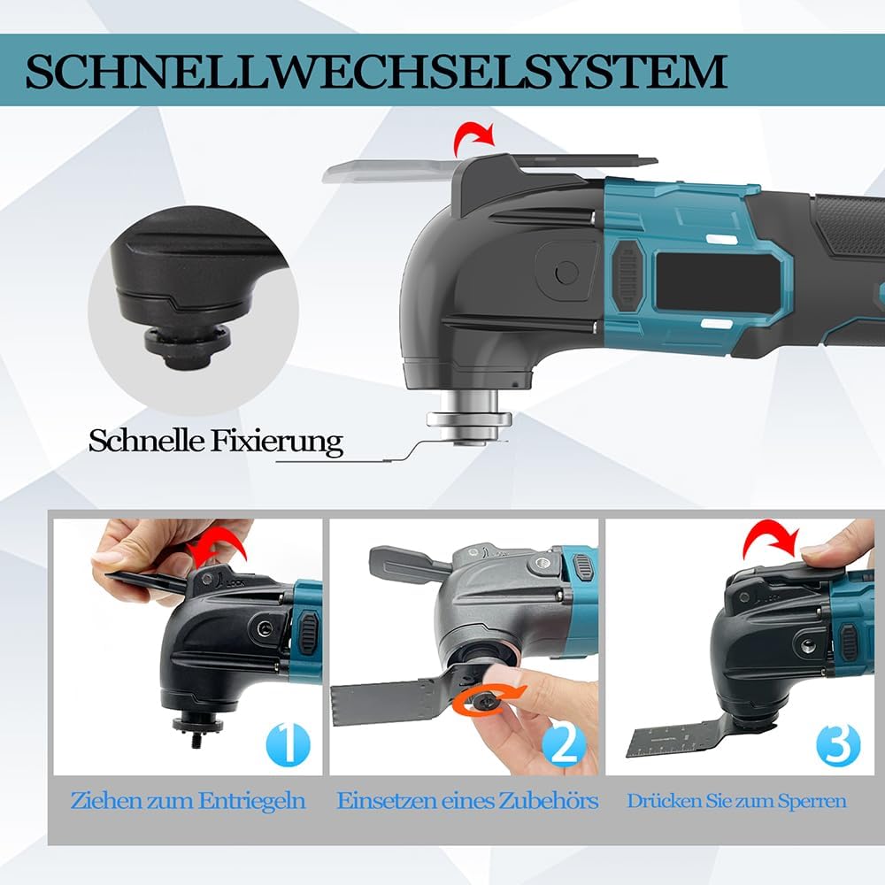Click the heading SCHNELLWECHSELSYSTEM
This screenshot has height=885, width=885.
pos(376,72)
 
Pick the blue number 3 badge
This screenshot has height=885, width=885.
pos(837,745)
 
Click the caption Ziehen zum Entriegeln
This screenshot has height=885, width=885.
pos(188,802)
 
